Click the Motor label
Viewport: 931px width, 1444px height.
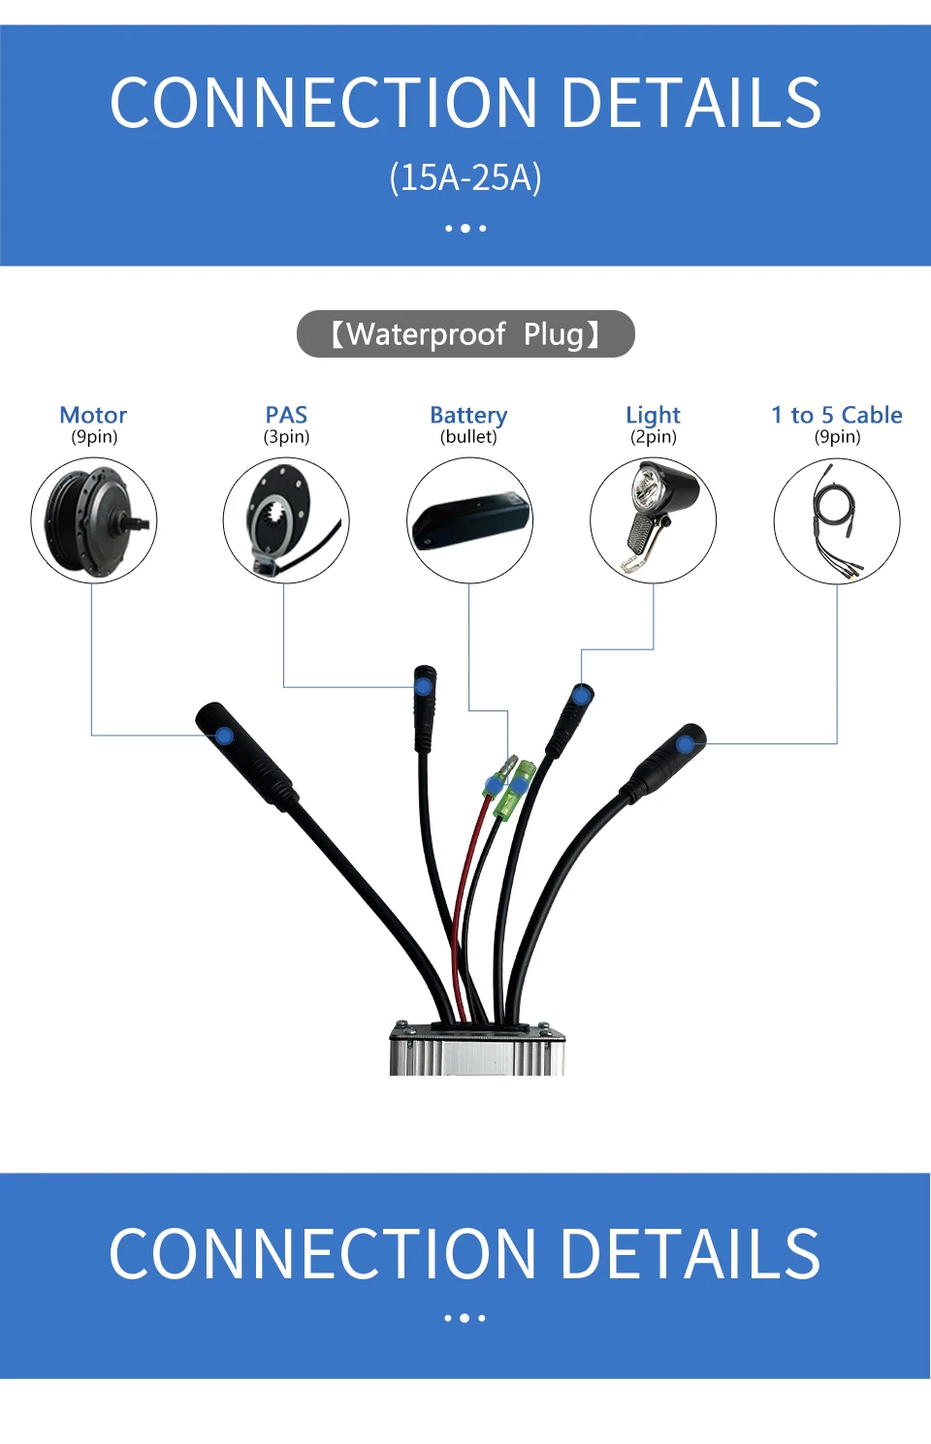(x=93, y=415)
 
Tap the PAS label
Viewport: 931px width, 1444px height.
(x=286, y=415)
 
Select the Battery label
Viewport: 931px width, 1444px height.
(x=468, y=415)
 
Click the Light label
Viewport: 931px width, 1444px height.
(x=653, y=415)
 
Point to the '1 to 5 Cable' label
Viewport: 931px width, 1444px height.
(x=837, y=415)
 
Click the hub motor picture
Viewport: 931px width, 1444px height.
(x=93, y=520)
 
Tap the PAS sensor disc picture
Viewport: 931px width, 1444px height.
(x=286, y=520)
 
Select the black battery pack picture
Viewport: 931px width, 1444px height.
(x=469, y=520)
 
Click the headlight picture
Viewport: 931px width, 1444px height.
(x=653, y=520)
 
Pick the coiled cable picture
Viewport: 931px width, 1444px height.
(x=837, y=520)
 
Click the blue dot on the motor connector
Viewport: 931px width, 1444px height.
(x=224, y=736)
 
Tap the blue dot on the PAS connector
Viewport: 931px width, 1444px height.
(x=424, y=686)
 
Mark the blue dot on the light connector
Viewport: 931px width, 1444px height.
(x=581, y=696)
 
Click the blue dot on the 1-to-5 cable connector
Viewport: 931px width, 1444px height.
(x=686, y=744)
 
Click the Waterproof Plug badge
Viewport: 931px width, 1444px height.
(x=465, y=334)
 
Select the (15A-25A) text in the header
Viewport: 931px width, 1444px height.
(x=465, y=177)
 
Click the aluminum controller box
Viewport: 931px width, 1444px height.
(x=477, y=1052)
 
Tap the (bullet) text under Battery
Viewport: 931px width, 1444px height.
(x=468, y=437)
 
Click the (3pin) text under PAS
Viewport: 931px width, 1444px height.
(x=286, y=437)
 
